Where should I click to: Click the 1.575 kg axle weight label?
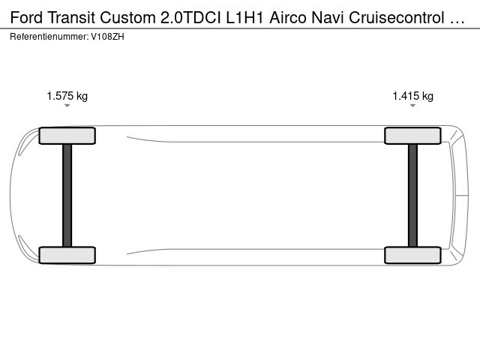pos(67,96)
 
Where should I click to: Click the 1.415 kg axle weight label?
pos(413,96)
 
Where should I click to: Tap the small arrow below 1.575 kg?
pos(67,106)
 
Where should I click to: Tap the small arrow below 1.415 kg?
pos(412,106)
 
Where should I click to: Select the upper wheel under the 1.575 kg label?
pos(67,136)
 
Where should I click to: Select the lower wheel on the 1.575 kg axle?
pos(67,255)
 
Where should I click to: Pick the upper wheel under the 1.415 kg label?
pos(412,136)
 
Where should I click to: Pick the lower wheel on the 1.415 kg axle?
pos(412,255)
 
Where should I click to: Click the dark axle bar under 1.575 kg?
pos(67,195)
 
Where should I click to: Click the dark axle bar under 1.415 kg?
pos(412,195)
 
